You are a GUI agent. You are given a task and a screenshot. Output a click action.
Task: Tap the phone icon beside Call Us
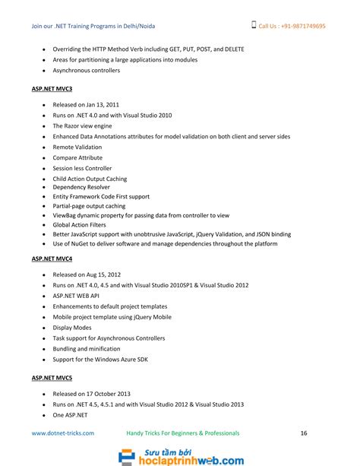(254, 25)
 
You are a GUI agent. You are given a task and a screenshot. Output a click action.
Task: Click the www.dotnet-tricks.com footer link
(63, 433)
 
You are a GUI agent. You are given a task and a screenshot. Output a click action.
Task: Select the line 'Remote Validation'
(77, 147)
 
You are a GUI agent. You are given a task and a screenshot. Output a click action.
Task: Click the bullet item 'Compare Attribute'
(77, 157)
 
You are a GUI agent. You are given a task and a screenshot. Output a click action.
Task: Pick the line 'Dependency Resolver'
(81, 186)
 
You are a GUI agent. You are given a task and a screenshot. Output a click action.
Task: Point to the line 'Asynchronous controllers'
(87, 70)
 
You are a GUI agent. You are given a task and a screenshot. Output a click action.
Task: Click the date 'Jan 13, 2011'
(102, 104)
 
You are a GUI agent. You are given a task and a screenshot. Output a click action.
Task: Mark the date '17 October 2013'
(107, 394)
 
